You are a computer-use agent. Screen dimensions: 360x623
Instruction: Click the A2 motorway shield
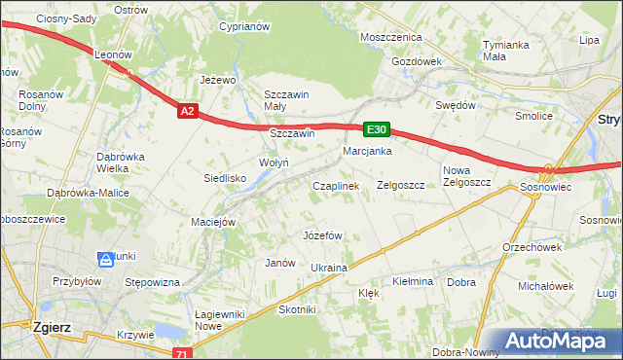tap(189, 112)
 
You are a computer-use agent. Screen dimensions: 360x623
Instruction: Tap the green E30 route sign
tap(377, 129)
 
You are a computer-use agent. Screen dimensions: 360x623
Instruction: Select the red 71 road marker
tap(181, 354)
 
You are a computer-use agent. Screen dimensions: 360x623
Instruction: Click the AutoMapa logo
tap(564, 342)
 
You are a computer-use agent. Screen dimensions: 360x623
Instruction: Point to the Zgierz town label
tap(49, 327)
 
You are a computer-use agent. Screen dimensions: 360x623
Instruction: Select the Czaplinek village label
tap(336, 185)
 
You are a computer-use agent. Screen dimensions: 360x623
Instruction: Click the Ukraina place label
tap(329, 268)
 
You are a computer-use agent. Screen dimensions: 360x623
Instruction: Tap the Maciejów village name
tap(214, 222)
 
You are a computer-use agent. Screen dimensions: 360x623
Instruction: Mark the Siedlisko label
tap(224, 178)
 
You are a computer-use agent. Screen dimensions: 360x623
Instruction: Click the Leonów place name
tap(113, 55)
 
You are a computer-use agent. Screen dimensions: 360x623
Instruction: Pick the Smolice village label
tap(534, 116)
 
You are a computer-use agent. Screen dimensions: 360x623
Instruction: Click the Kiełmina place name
tap(412, 281)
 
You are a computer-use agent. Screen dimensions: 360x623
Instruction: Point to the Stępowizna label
tap(154, 282)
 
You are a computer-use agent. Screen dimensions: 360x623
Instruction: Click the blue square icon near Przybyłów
tap(105, 259)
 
